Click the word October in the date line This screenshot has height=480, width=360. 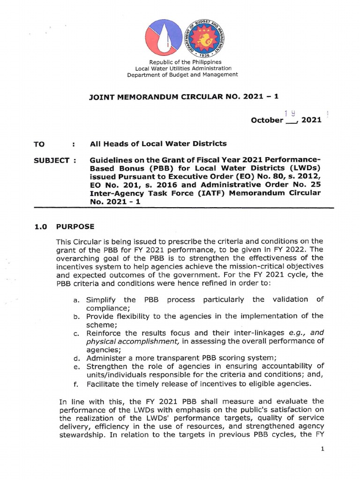click(x=267, y=120)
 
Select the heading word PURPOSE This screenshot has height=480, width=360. click(x=75, y=226)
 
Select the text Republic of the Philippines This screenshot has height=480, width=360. click(x=185, y=62)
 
